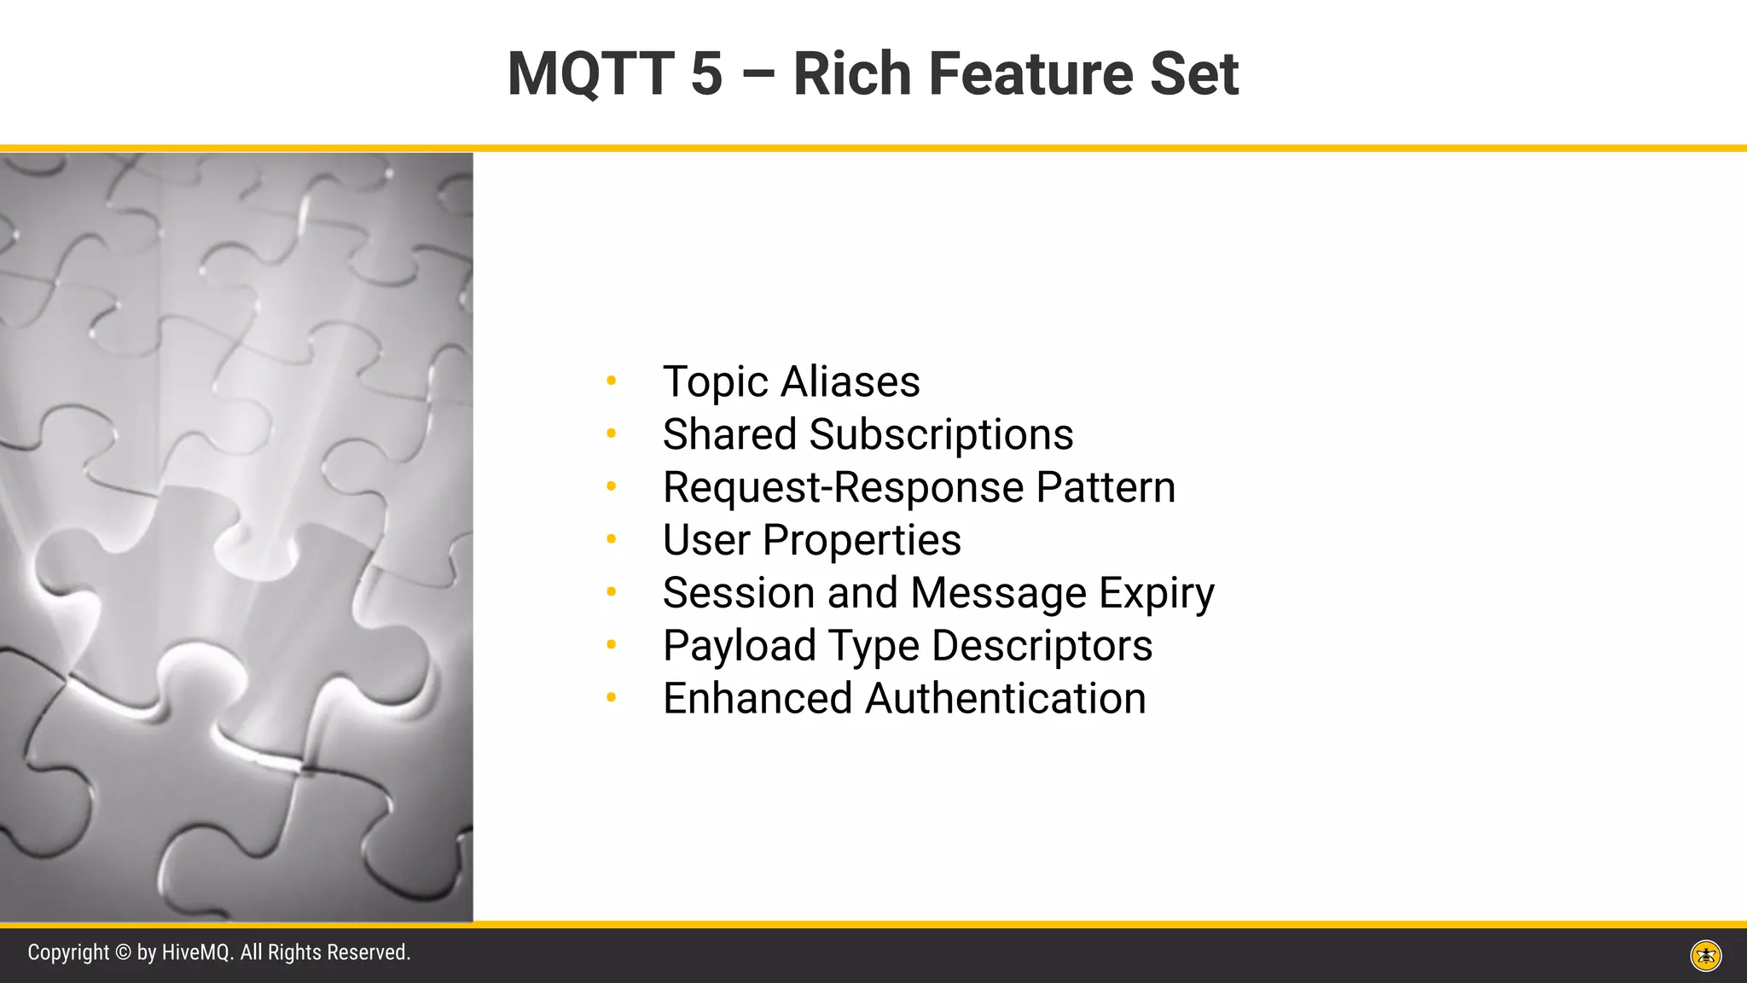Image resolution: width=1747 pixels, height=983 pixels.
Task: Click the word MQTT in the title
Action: click(x=590, y=74)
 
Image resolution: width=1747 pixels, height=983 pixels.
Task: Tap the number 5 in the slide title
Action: click(x=706, y=74)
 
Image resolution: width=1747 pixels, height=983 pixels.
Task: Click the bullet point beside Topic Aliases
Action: click(x=611, y=381)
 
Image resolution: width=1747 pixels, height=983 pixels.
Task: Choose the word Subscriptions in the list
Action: click(x=941, y=435)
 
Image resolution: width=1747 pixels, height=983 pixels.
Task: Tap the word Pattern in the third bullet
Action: click(x=1106, y=487)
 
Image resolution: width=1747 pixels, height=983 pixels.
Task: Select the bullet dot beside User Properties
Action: click(x=611, y=539)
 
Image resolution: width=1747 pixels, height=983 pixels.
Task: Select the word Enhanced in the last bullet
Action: click(x=757, y=699)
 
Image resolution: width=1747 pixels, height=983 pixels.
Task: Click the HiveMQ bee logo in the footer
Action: click(x=1706, y=956)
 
